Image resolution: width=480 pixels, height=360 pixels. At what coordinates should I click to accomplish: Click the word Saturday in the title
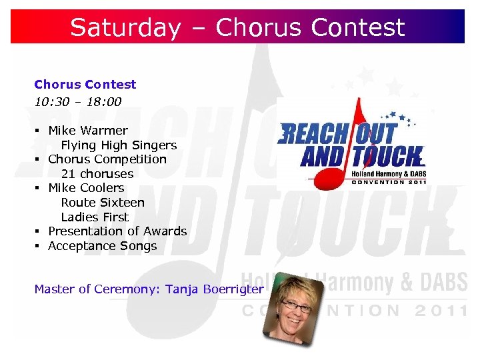(x=125, y=27)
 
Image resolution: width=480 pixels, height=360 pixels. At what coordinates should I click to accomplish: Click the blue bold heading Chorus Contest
(x=85, y=85)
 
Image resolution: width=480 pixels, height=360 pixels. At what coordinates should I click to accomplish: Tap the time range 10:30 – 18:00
(x=77, y=102)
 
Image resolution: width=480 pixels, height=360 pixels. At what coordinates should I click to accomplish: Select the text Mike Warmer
(x=87, y=131)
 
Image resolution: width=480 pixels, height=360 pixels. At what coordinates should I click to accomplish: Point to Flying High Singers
(x=119, y=145)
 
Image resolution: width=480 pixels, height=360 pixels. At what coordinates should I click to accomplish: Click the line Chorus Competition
(x=107, y=159)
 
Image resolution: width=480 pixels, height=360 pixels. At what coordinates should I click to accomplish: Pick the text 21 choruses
(x=97, y=174)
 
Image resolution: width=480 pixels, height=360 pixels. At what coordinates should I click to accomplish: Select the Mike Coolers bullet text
(x=86, y=188)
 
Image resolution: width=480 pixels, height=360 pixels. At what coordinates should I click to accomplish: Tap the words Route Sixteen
(x=103, y=203)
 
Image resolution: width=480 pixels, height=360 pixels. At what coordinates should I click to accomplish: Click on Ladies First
(x=95, y=217)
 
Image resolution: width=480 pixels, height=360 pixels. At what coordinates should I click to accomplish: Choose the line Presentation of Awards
(x=117, y=231)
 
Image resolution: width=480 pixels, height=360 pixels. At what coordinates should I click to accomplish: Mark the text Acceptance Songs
(x=102, y=246)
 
